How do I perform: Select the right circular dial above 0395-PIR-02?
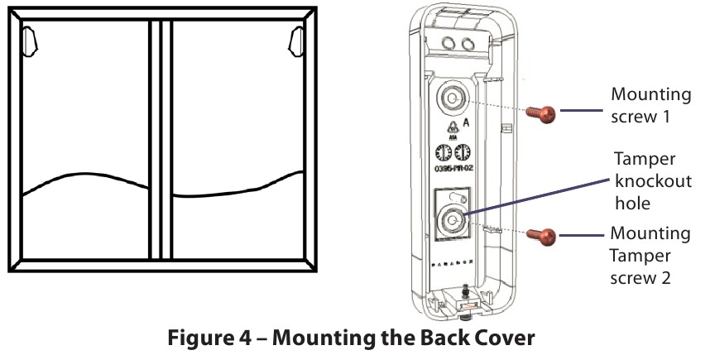coord(463,153)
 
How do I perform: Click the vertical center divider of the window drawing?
coord(160,141)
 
